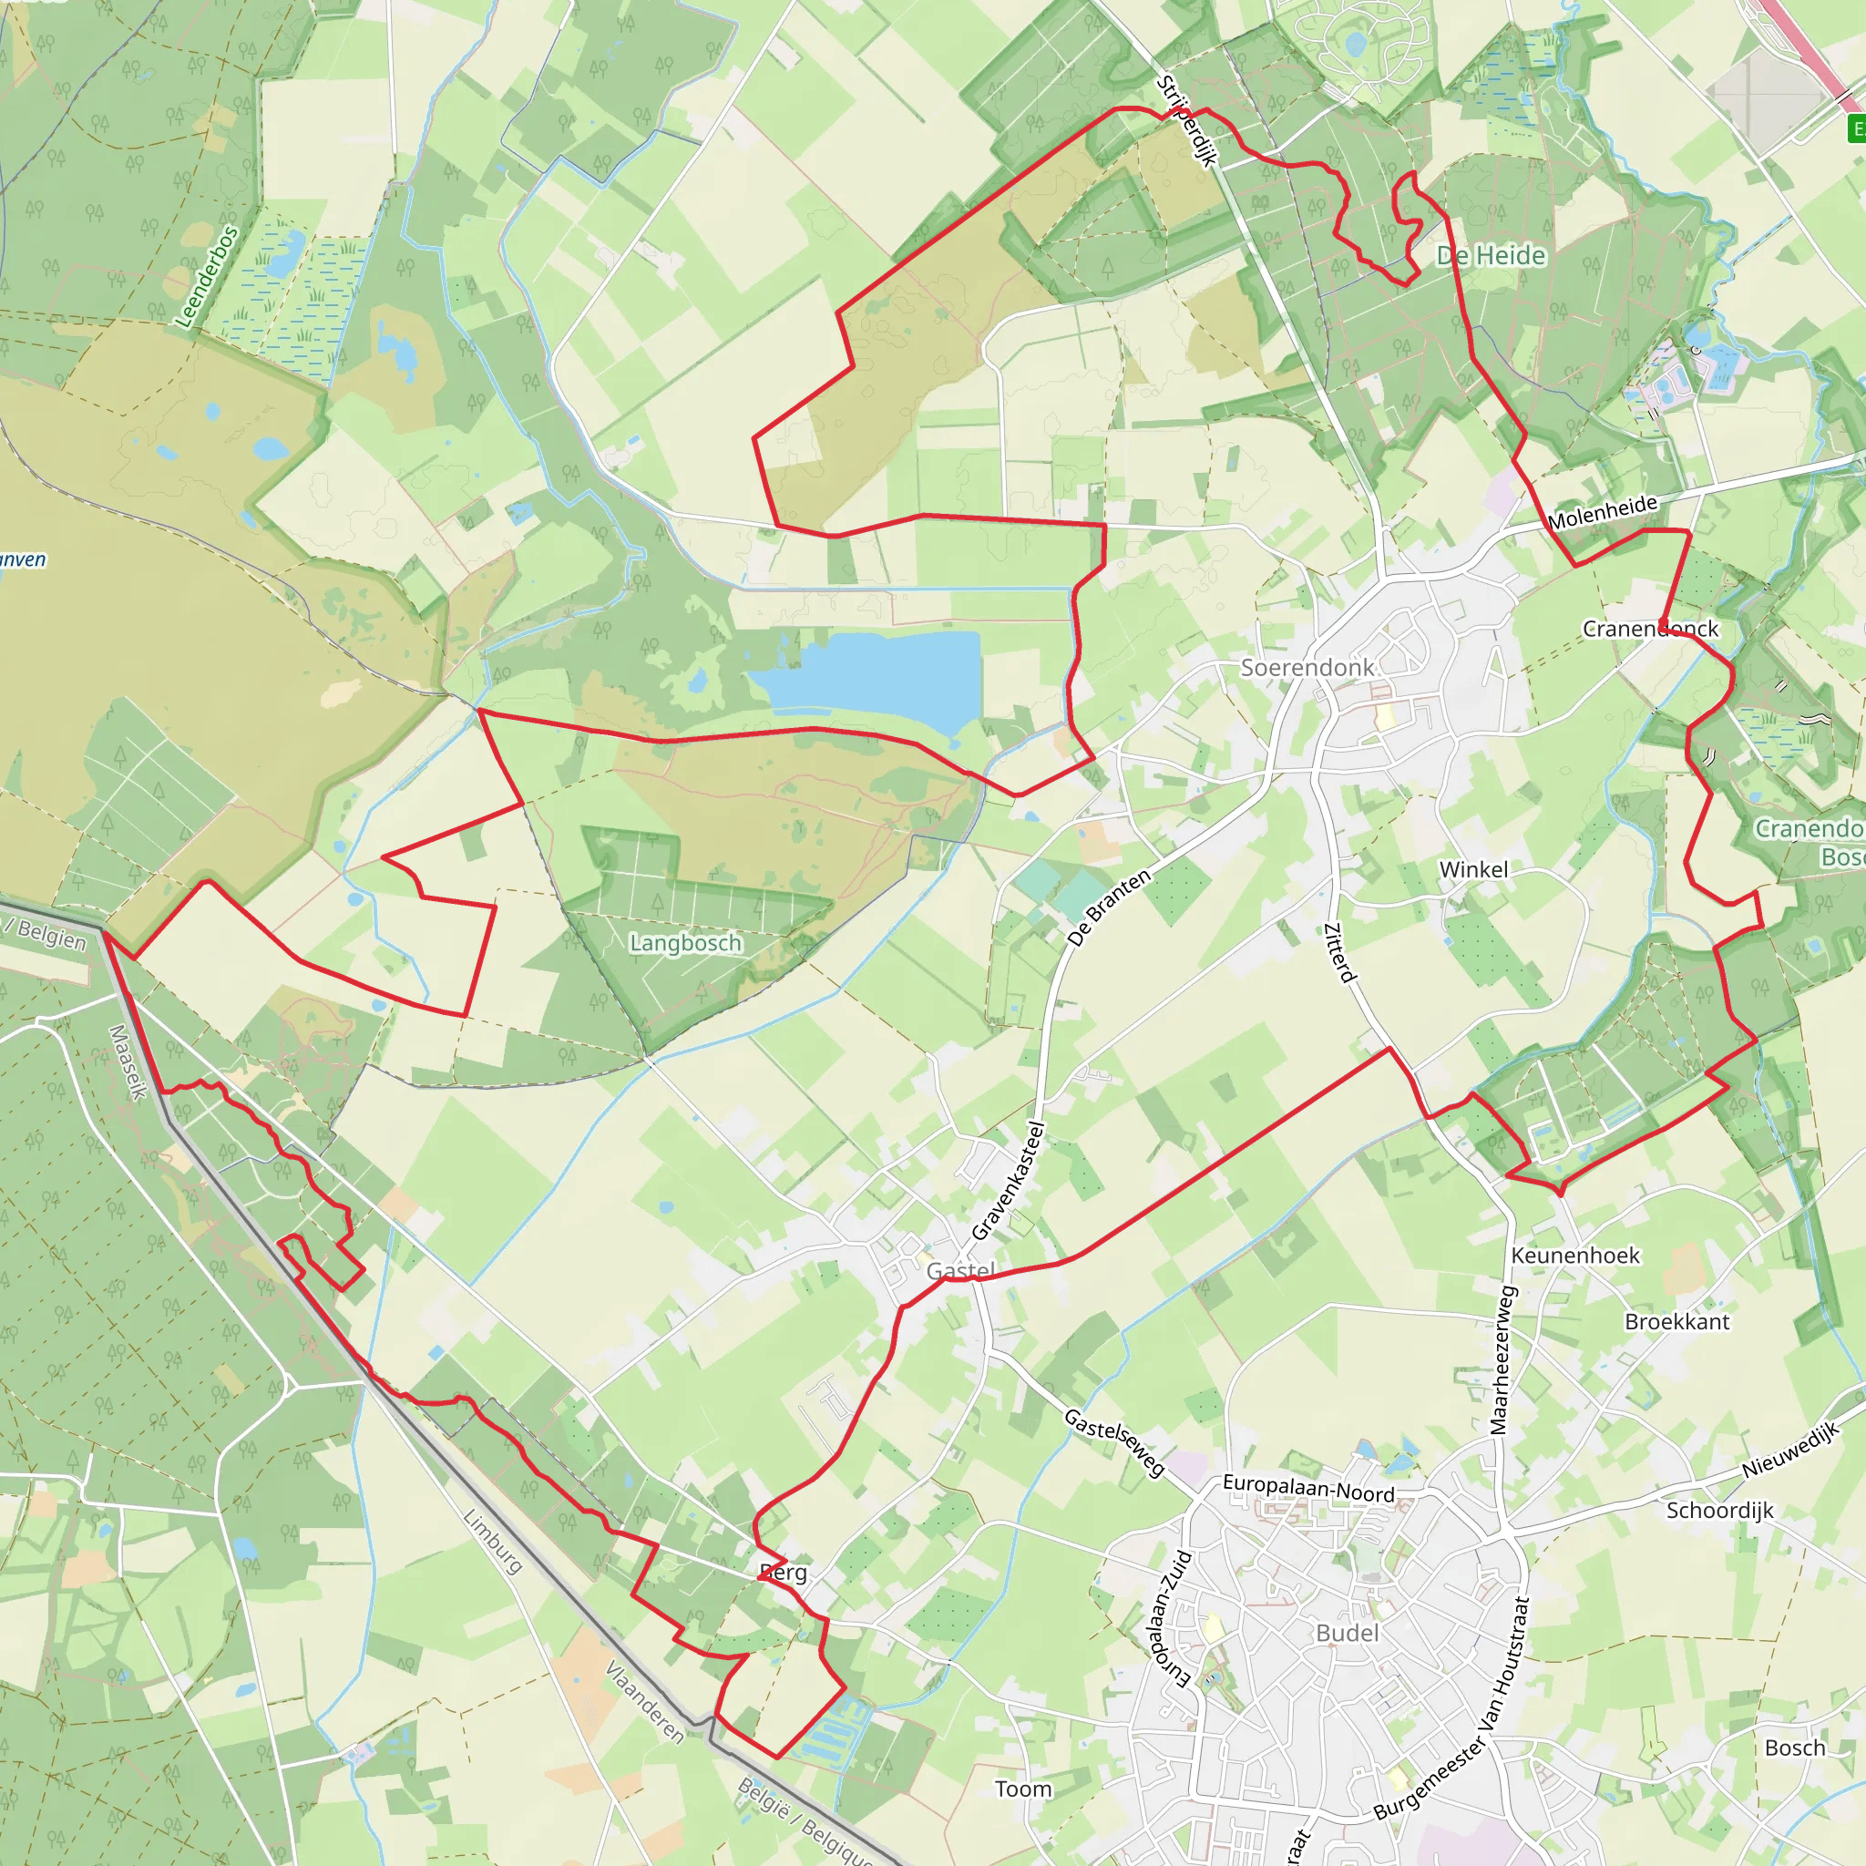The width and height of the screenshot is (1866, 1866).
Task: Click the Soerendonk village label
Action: click(1307, 667)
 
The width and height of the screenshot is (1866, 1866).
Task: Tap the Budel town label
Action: click(1348, 1632)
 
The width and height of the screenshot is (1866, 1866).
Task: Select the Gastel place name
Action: click(960, 1270)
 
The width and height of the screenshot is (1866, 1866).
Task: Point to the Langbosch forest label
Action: click(686, 942)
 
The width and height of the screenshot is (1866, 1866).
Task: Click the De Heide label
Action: click(1491, 255)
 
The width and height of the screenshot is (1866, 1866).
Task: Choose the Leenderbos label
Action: click(206, 276)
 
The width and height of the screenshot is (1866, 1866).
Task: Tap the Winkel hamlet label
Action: click(1473, 869)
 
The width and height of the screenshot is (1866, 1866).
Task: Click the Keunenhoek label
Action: click(1575, 1255)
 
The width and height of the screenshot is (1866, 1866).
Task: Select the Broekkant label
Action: click(1676, 1321)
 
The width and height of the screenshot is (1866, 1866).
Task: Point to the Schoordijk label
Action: click(1719, 1510)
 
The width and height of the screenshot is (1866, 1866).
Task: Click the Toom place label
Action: click(1023, 1789)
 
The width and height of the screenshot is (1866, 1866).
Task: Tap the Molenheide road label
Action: click(1603, 512)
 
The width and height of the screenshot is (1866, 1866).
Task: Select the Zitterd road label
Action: click(1339, 952)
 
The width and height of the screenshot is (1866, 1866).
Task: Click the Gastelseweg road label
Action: click(1114, 1442)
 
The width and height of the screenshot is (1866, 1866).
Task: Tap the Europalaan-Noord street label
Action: click(1307, 1489)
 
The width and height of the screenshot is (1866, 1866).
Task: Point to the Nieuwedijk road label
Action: click(1789, 1451)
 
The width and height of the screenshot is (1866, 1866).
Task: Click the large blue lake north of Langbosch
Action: click(869, 676)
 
